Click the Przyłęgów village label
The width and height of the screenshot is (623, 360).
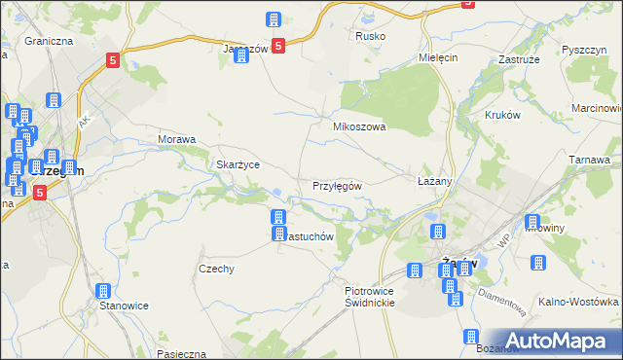337,186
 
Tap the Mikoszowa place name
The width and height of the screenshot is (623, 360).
360,126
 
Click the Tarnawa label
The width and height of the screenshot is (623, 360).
589,160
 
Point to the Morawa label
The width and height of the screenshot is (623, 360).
177,139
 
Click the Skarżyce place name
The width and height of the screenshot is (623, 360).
238,164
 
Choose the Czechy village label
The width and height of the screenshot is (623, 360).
216,269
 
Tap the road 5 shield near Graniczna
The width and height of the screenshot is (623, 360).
113,60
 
